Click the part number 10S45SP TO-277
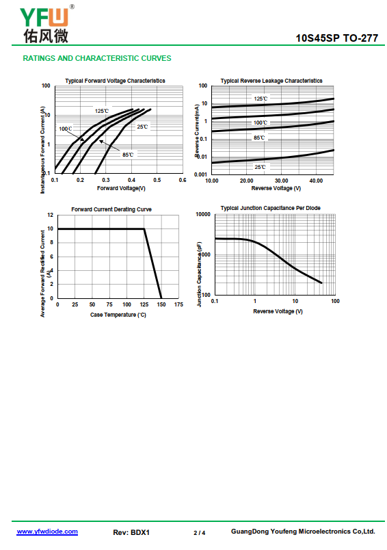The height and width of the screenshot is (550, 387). [337, 38]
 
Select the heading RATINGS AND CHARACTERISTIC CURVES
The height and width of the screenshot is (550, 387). [97, 58]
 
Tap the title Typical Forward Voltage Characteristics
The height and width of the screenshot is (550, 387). [115, 81]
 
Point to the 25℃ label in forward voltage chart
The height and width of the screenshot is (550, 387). [142, 127]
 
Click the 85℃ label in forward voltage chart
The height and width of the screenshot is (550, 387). [128, 155]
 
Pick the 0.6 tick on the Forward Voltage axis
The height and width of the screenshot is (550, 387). [183, 180]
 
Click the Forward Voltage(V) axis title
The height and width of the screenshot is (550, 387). [121, 188]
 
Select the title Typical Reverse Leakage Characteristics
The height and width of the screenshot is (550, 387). [271, 81]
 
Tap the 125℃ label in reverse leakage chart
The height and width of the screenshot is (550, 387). [261, 99]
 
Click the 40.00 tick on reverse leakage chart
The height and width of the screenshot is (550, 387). [316, 181]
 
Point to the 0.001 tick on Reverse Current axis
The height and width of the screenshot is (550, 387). [200, 174]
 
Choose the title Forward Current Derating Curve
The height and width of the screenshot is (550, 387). [111, 209]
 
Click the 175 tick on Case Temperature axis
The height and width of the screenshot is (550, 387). [178, 304]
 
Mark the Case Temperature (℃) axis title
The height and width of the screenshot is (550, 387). [118, 315]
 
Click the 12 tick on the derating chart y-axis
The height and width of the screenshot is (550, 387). [51, 215]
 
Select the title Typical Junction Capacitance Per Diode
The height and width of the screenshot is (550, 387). [270, 208]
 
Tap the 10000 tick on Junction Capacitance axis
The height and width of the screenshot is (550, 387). [203, 214]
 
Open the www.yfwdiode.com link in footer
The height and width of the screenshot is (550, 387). [47, 532]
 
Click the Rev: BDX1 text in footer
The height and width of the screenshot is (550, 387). [131, 532]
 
